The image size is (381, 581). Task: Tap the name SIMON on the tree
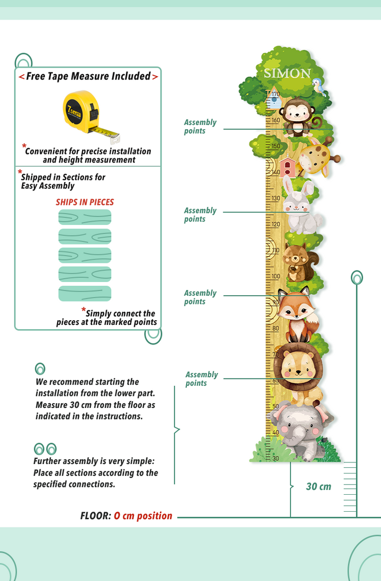287,74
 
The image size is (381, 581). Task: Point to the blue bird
319,85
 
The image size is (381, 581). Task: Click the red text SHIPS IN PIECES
85,202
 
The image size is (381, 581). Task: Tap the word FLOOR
95,516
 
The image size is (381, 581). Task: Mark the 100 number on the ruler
276,276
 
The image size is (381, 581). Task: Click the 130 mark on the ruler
276,198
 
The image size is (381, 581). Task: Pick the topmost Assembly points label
200,126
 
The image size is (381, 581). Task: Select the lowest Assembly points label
201,379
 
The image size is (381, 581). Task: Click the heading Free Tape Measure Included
88,76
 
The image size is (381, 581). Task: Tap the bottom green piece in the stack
85,294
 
